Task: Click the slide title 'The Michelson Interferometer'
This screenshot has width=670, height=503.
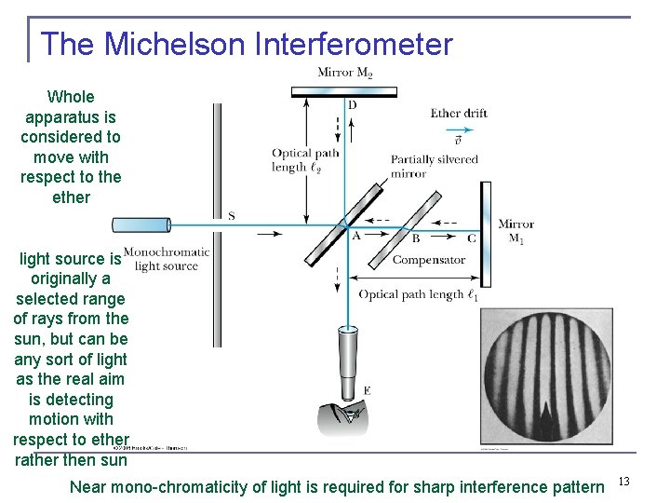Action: point(247,44)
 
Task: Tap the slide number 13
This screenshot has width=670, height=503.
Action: point(623,481)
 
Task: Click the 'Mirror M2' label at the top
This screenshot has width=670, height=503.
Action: point(344,73)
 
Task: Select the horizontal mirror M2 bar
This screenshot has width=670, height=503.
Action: point(344,91)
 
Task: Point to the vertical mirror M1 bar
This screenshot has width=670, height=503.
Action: point(485,233)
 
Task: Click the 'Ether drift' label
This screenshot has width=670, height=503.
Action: point(459,114)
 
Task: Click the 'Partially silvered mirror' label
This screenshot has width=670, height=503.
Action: point(434,166)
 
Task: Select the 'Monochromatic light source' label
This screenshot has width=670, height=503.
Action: point(167,258)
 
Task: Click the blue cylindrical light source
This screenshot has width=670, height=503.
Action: point(141,224)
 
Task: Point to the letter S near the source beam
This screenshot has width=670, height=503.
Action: point(231,216)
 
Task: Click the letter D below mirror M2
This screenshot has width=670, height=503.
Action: point(352,105)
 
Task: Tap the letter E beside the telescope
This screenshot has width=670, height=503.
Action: point(367,390)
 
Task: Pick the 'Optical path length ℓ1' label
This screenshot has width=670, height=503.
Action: point(419,295)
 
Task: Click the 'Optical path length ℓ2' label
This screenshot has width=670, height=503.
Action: point(303,160)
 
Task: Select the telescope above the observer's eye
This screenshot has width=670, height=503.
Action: point(348,363)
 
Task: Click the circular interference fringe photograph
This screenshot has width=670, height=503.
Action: point(546,374)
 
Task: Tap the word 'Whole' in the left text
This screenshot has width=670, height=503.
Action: point(71,97)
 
